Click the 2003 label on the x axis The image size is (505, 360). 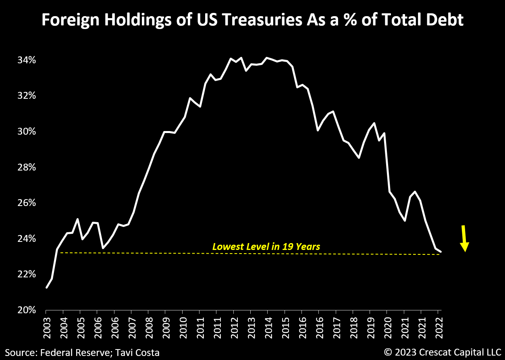(x=46, y=324)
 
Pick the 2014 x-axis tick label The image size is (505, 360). (x=267, y=324)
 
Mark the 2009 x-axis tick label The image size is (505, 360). (x=165, y=324)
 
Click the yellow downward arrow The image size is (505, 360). (x=464, y=239)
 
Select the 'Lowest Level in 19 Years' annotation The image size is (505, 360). (x=266, y=246)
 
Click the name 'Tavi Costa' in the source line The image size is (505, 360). (x=138, y=353)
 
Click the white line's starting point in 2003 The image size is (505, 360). (x=47, y=287)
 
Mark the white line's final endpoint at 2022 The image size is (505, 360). (x=441, y=252)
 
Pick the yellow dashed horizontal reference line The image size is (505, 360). (x=161, y=253)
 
